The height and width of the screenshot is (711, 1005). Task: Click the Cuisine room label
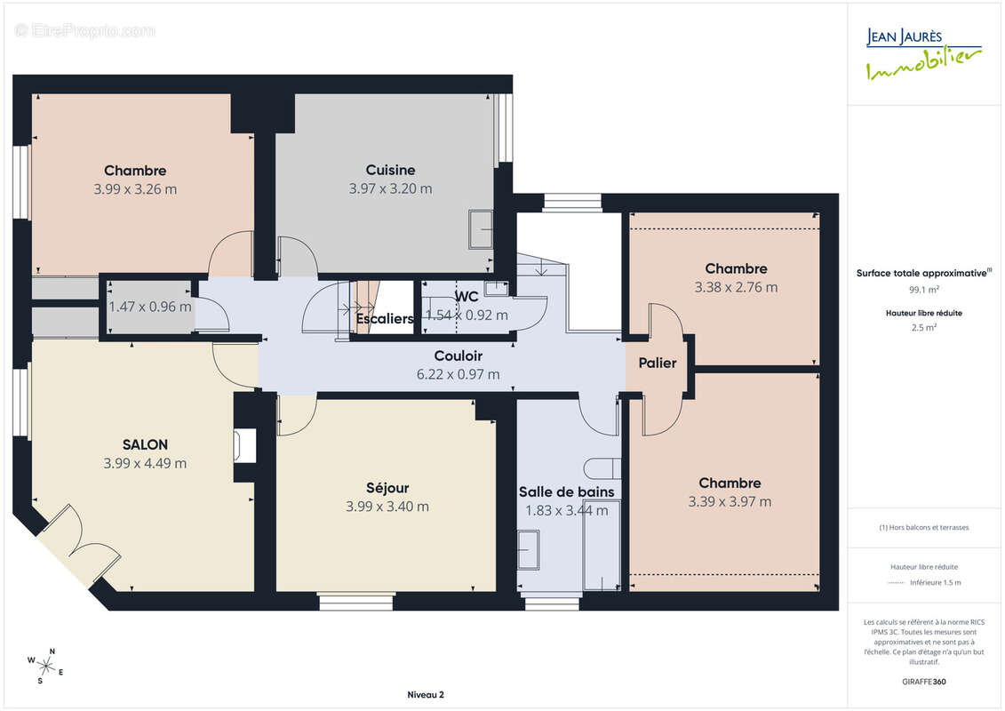(x=390, y=170)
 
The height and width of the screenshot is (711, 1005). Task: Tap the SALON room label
(x=145, y=444)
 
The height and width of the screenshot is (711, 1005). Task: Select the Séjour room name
(x=387, y=488)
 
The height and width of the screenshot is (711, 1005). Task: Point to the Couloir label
(x=458, y=355)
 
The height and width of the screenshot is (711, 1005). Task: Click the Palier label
(x=658, y=363)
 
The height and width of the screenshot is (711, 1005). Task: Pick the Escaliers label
(x=385, y=319)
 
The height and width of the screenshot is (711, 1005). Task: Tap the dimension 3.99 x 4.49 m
(x=145, y=463)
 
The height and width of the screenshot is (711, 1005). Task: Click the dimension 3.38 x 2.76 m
(x=736, y=287)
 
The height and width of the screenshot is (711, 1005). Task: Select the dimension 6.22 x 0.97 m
(x=458, y=374)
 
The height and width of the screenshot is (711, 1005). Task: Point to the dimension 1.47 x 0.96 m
(x=150, y=307)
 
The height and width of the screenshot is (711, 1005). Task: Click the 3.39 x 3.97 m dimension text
(x=730, y=501)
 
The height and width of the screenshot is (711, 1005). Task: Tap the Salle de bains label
(x=567, y=491)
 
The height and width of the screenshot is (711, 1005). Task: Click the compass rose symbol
(x=45, y=667)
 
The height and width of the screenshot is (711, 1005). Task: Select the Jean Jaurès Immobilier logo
(x=923, y=54)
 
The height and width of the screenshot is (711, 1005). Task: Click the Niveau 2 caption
(x=426, y=694)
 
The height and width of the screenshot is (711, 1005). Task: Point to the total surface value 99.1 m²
(x=923, y=289)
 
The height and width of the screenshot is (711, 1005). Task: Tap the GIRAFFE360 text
(x=923, y=682)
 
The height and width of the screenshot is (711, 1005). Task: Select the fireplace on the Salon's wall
(x=245, y=445)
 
